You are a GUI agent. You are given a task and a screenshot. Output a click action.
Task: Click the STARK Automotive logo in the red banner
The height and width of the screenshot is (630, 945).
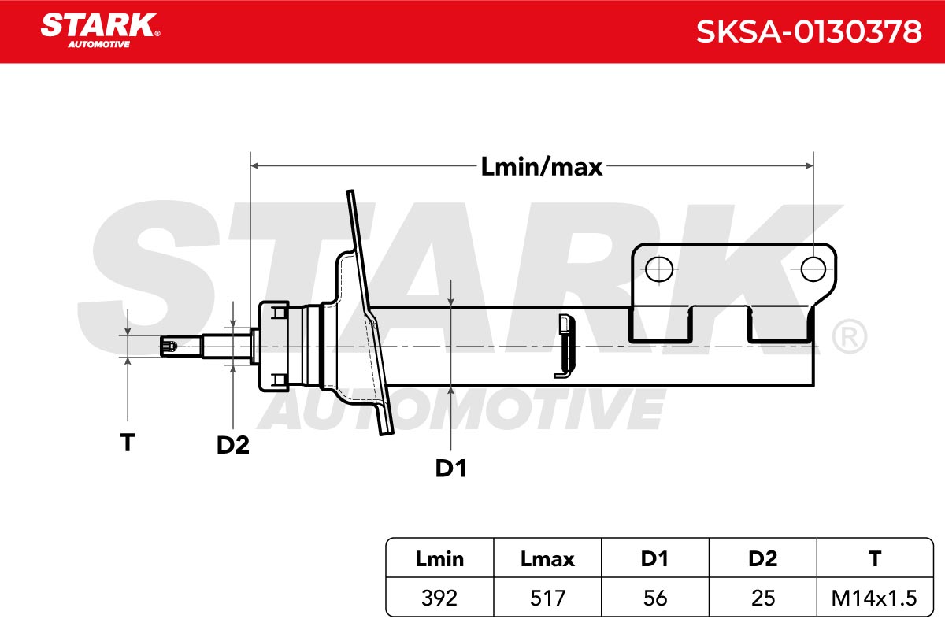pyautogui.click(x=100, y=31)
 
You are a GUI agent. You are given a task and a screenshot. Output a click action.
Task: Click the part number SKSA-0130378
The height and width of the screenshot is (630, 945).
pyautogui.click(x=808, y=31)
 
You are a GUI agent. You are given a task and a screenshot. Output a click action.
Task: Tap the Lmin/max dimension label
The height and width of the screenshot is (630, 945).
pyautogui.click(x=541, y=167)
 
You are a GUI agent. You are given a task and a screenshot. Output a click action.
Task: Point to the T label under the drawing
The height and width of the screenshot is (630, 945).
pyautogui.click(x=128, y=443)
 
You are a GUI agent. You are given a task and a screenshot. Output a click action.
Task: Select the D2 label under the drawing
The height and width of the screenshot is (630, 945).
pyautogui.click(x=233, y=445)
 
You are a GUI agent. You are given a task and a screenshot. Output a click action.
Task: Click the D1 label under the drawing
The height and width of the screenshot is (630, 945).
pyautogui.click(x=450, y=469)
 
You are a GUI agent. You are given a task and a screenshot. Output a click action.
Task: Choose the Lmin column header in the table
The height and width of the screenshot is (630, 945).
pyautogui.click(x=439, y=559)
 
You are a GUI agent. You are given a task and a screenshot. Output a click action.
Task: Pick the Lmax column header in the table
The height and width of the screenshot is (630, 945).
pyautogui.click(x=547, y=559)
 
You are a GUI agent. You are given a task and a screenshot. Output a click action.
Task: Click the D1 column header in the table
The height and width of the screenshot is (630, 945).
pyautogui.click(x=654, y=559)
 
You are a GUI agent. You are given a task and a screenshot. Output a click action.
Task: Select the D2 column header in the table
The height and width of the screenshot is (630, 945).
pyautogui.click(x=763, y=559)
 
